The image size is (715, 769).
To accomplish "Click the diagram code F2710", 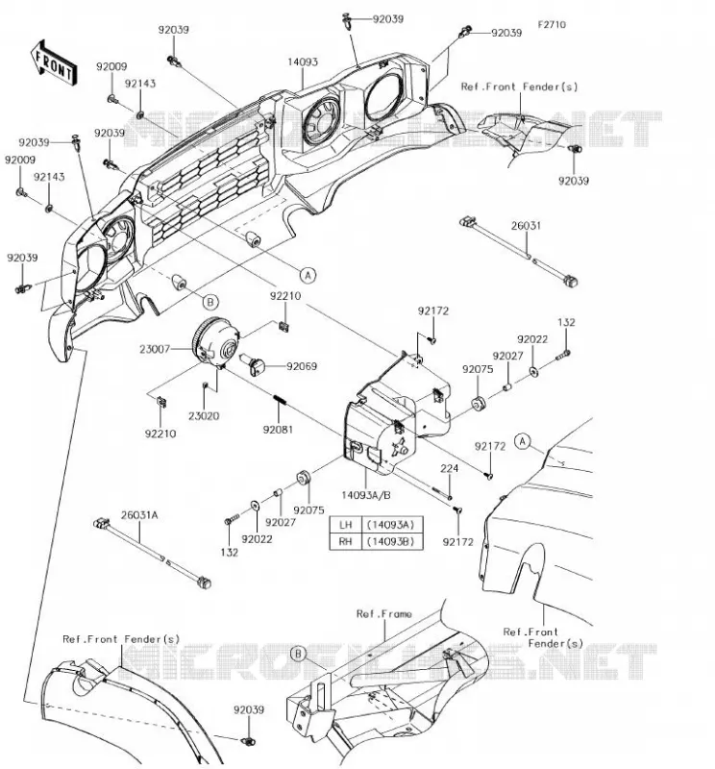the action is pos(552,25).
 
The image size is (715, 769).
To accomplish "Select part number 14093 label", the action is pos(303,62).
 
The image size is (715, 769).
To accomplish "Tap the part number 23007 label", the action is pos(155,349).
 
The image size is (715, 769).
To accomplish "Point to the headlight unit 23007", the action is pos(215,341).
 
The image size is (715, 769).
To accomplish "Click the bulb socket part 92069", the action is pos(256,366).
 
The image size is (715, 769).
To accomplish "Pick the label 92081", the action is pos(278,430).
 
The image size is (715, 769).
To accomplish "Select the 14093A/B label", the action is pos(366,495).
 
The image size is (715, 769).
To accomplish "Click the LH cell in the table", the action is pos(345,524).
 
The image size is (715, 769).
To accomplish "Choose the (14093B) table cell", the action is pos(391,541).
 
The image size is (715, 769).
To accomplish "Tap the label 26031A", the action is pos(139,515).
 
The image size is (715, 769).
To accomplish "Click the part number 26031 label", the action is pos(526,226).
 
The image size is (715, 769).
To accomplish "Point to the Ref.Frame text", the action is pos(384,613).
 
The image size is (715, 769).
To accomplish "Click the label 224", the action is pos(449,468).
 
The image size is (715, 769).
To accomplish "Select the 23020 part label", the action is pos(204,416).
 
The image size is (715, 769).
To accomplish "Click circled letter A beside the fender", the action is pos(523,441).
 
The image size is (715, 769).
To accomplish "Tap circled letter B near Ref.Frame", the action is pos(298,654).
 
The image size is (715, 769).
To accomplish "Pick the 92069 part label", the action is pos(302,366).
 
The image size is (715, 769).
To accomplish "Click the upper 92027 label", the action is pos(507,356).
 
